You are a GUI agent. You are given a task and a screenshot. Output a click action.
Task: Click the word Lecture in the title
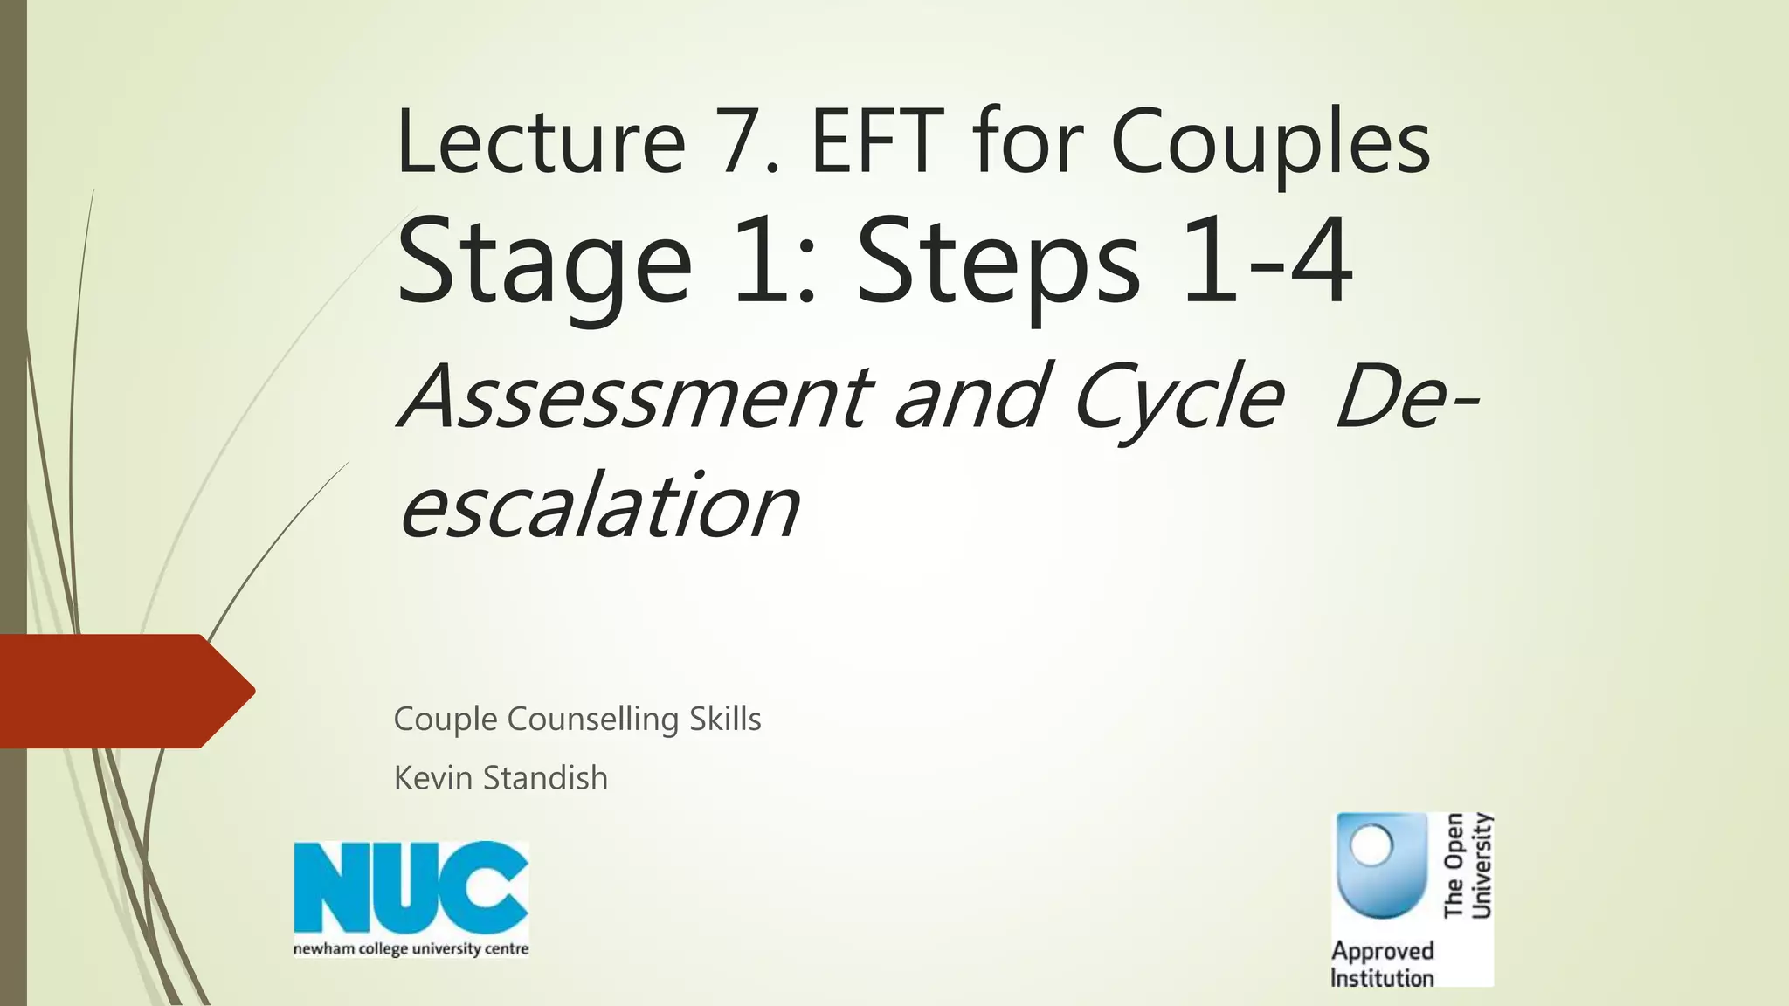pyautogui.click(x=540, y=142)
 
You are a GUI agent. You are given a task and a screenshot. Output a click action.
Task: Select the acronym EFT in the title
pyautogui.click(x=878, y=142)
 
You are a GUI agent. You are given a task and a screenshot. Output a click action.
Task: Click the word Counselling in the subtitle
pyautogui.click(x=592, y=720)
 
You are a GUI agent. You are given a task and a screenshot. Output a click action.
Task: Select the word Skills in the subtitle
pyautogui.click(x=725, y=719)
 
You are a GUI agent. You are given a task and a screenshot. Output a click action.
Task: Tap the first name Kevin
pyautogui.click(x=432, y=777)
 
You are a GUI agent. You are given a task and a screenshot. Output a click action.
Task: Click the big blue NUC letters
pyautogui.click(x=411, y=888)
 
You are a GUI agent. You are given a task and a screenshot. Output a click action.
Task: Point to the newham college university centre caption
pyautogui.click(x=411, y=949)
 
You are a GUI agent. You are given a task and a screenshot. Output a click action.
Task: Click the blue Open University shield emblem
pyautogui.click(x=1380, y=865)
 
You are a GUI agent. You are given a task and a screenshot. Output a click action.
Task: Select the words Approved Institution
pyautogui.click(x=1382, y=964)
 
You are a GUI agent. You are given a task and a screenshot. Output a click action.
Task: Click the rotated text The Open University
pyautogui.click(x=1468, y=865)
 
